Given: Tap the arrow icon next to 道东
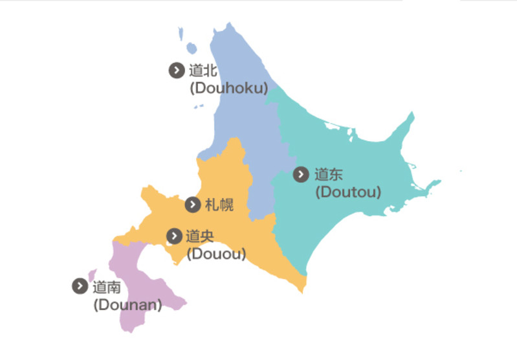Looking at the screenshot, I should pyautogui.click(x=301, y=174).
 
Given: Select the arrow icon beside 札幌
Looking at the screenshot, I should pyautogui.click(x=192, y=205).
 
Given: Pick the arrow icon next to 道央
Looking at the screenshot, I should pyautogui.click(x=174, y=236).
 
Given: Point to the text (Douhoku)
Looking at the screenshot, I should pyautogui.click(x=228, y=88).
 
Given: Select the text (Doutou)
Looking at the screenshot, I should pyautogui.click(x=347, y=192).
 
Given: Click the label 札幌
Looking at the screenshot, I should pyautogui.click(x=219, y=205).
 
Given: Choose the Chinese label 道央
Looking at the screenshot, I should pyautogui.click(x=199, y=236).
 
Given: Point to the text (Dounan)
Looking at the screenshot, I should pyautogui.click(x=127, y=304).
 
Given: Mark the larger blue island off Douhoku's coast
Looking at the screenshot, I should pyautogui.click(x=191, y=48).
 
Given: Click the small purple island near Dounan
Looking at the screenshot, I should pyautogui.click(x=93, y=275).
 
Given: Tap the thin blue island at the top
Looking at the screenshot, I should pyautogui.click(x=182, y=32).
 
